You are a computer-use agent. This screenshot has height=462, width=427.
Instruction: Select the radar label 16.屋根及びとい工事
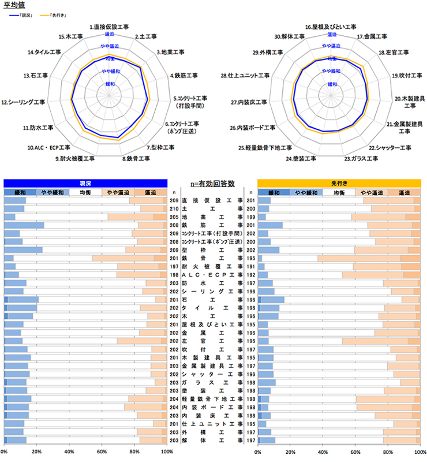pyautogui.click(x=331, y=27)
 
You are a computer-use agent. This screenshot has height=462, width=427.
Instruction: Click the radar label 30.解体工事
pyautogui.click(x=290, y=37)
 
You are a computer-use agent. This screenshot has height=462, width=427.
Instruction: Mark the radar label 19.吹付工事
pyautogui.click(x=407, y=75)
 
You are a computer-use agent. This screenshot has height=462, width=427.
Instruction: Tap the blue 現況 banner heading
pyautogui.click(x=85, y=182)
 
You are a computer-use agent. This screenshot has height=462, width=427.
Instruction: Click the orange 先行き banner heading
pyautogui.click(x=339, y=182)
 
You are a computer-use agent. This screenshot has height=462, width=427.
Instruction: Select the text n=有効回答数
pyautogui.click(x=212, y=183)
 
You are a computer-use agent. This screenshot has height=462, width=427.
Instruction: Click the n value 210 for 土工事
pyautogui.click(x=174, y=208)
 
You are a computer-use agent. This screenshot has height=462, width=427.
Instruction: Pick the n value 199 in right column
pyautogui.click(x=250, y=217)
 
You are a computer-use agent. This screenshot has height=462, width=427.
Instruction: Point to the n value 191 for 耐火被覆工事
pyautogui.click(x=250, y=267)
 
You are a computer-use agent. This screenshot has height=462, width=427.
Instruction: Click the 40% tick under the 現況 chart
pyautogui.click(x=69, y=452)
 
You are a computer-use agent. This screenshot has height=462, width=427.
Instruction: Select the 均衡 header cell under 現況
pyautogui.click(x=85, y=192)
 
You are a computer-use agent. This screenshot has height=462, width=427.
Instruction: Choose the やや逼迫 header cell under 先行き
pyautogui.click(x=372, y=192)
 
